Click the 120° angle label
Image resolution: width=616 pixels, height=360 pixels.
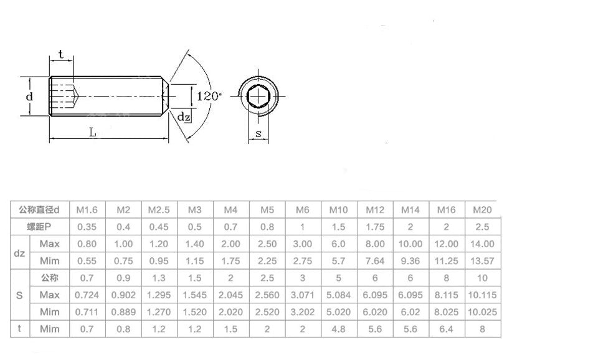(209, 97)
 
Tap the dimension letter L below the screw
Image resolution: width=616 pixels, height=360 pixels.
(93, 132)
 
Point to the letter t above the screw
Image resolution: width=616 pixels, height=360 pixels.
(61, 55)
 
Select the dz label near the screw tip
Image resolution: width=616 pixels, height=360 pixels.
(182, 116)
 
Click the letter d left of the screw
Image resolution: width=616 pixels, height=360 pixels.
(29, 97)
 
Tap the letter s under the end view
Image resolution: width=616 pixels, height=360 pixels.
(258, 135)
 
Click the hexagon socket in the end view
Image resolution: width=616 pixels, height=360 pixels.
(258, 97)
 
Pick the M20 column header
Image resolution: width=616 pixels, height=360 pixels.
(483, 210)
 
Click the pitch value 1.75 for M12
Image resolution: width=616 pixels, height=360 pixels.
(375, 227)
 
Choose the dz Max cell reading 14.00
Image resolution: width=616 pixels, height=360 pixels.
(483, 244)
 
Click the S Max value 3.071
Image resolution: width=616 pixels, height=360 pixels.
(302, 295)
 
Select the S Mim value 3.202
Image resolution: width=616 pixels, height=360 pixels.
(302, 311)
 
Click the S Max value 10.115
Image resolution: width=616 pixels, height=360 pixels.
(483, 295)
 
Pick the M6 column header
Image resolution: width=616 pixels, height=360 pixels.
(302, 210)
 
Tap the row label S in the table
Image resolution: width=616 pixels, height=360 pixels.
(19, 295)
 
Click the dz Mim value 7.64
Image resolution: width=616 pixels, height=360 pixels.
(375, 261)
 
